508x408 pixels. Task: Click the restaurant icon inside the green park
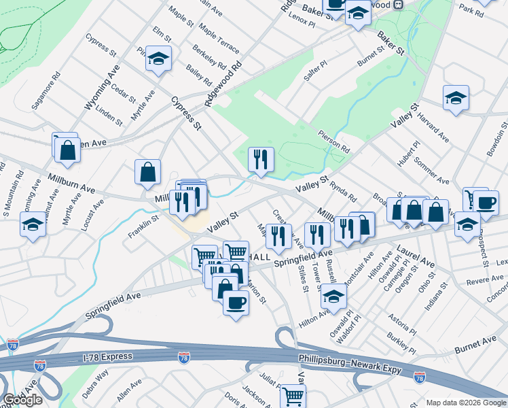click(x=261, y=160)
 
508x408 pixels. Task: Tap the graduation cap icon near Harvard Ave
click(x=456, y=98)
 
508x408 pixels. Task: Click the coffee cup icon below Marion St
click(x=236, y=302)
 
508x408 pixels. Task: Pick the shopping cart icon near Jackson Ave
click(x=293, y=396)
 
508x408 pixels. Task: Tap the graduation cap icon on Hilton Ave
click(x=333, y=296)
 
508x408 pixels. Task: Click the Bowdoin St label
click(x=498, y=139)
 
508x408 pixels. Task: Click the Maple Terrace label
click(x=219, y=39)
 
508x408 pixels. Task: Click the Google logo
click(x=23, y=399)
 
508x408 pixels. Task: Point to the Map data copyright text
click(x=465, y=403)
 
